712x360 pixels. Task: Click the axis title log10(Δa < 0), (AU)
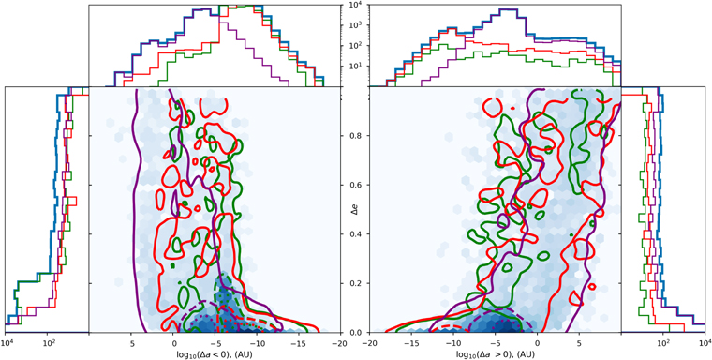click(217, 354)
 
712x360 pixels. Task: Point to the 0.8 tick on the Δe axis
click(356, 137)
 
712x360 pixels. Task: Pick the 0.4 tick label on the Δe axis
click(356, 234)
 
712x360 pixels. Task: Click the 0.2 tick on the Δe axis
click(356, 283)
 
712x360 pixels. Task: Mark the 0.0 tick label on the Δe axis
click(356, 332)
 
